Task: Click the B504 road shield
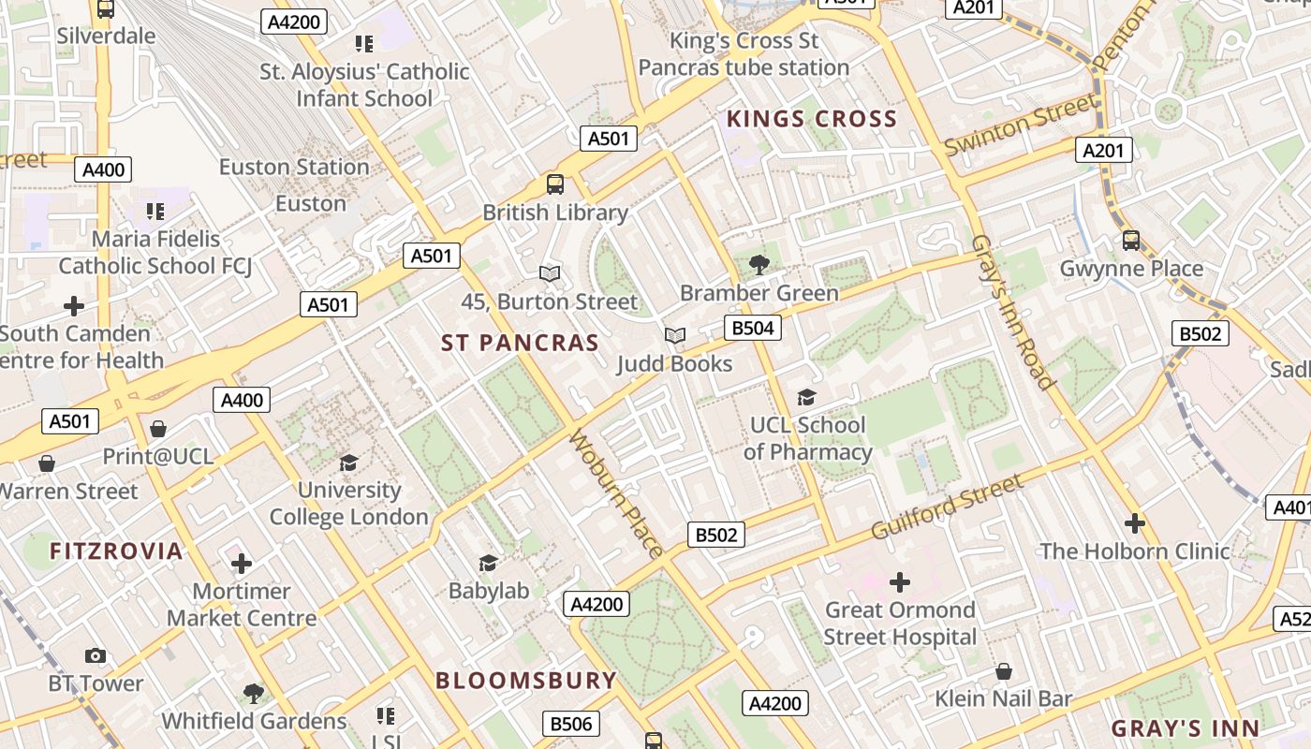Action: (752, 328)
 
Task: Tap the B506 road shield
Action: (570, 724)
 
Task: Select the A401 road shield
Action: (1289, 507)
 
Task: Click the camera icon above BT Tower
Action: (96, 655)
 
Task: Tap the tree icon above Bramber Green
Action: (759, 265)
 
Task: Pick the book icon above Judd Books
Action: (674, 335)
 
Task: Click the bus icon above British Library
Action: (555, 184)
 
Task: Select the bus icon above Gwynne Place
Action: (1131, 241)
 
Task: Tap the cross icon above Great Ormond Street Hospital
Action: (899, 582)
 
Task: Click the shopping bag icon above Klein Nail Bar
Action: (1003, 671)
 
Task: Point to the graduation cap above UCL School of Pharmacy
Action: (806, 398)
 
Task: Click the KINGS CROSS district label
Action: (812, 119)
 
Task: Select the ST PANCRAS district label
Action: (520, 343)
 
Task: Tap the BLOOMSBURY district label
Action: (526, 681)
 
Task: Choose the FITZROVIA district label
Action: (116, 551)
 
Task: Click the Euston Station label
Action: (294, 167)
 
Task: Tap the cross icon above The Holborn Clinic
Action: (1135, 523)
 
